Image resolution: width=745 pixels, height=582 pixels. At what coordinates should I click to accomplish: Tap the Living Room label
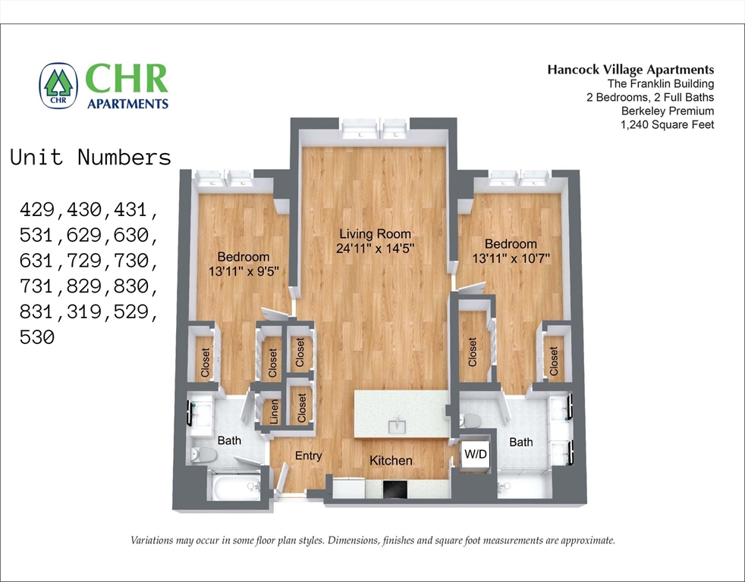(375, 233)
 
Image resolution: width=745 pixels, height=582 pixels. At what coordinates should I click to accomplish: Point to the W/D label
(475, 455)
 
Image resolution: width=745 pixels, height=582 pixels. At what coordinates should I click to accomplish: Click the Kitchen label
(391, 460)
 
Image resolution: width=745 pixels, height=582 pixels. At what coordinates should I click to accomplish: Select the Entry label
(308, 455)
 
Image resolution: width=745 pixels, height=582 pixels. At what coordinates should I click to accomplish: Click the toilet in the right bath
(473, 421)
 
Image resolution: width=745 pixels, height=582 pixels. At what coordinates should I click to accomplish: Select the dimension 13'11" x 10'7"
(511, 258)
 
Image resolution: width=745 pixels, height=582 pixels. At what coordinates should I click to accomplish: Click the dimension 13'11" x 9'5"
(243, 271)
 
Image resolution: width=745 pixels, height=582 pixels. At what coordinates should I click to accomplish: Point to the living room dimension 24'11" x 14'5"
(375, 248)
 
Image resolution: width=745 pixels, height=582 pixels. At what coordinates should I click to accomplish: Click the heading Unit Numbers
(91, 158)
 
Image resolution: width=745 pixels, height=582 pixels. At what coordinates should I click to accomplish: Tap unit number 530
(37, 337)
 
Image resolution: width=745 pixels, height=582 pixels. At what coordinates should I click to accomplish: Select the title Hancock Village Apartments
(630, 70)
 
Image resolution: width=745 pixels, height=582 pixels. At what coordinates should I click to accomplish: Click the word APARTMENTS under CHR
(127, 103)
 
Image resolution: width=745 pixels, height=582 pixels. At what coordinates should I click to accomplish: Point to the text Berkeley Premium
(668, 111)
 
